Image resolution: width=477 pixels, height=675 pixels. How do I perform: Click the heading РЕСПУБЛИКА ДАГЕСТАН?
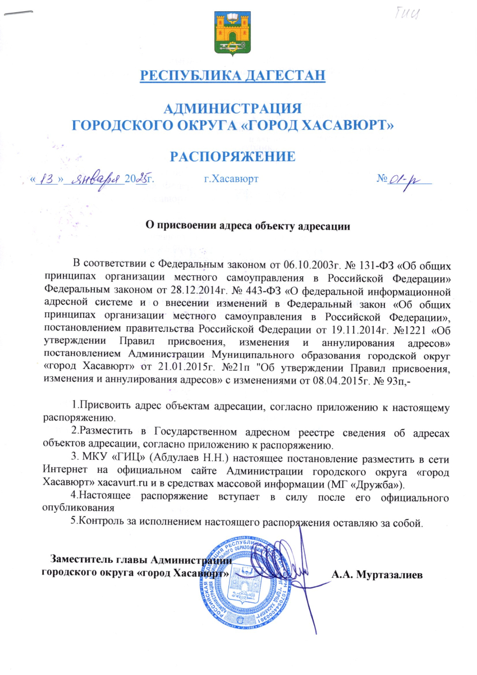coord(233,75)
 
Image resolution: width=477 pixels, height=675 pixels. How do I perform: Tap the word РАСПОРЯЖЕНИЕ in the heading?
coord(233,156)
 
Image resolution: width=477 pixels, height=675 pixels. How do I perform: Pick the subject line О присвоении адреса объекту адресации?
coord(247,227)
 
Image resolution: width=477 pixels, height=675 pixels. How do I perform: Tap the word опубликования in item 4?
coord(79,508)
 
